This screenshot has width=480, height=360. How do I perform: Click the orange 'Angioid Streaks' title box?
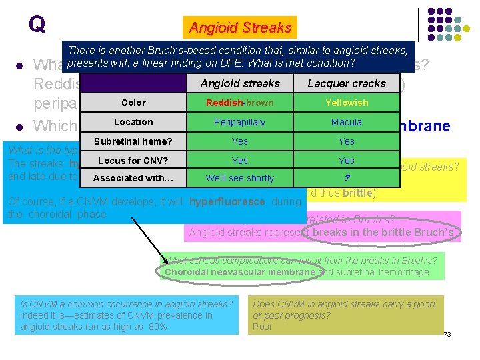point(240,28)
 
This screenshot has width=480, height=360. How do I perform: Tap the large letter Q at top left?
point(37,25)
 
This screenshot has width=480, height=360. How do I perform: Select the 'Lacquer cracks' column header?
point(347,83)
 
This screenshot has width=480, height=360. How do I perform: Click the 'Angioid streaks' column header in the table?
point(240,83)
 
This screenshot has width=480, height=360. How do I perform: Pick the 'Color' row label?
point(133,103)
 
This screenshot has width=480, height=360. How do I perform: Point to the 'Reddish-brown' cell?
point(240,103)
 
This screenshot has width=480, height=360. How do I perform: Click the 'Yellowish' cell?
point(347,103)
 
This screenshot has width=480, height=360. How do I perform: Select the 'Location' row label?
point(133,122)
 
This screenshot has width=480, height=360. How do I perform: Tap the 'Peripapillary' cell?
point(240,122)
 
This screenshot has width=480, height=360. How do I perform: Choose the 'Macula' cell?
point(347,122)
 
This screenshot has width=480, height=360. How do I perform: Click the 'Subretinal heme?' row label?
point(133,141)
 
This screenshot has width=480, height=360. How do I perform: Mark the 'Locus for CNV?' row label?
point(133,161)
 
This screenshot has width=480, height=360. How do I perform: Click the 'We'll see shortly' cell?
point(240,178)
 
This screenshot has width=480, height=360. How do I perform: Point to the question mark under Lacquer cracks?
point(347,178)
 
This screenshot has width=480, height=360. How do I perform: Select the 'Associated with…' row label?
point(133,178)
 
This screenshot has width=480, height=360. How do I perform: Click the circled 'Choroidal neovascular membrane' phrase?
point(240,272)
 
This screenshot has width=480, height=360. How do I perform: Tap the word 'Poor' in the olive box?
point(263,327)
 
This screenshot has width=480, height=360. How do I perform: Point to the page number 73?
point(447,333)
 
